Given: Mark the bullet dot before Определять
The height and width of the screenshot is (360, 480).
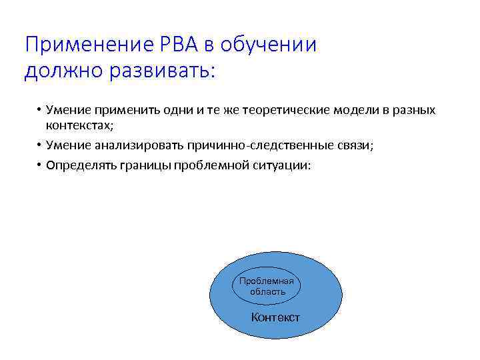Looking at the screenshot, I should (x=40, y=165).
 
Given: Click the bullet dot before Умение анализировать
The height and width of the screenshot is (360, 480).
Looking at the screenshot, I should (x=40, y=145).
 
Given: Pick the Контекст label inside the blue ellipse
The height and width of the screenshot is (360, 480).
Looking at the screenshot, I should (x=275, y=317).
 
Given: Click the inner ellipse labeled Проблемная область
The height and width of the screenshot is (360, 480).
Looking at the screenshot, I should (x=267, y=287).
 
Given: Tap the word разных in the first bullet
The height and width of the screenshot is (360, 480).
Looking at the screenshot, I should (x=417, y=110).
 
